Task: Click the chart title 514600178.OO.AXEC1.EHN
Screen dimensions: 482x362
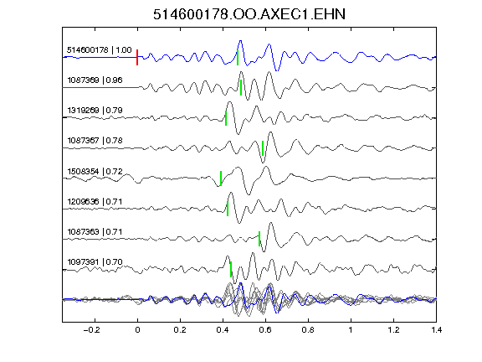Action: (x=249, y=14)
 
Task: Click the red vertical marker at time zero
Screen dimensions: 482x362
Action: (x=137, y=57)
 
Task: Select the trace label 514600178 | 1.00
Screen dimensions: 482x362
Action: (x=100, y=50)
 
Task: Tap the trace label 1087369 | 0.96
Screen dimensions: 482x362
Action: (x=95, y=80)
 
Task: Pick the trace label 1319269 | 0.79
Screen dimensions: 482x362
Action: (x=95, y=111)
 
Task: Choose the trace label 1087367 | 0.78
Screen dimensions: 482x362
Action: (x=95, y=141)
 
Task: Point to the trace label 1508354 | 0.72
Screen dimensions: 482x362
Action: (x=95, y=171)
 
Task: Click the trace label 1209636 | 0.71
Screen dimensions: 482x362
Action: (x=95, y=202)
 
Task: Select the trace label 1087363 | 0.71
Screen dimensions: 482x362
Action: (x=95, y=231)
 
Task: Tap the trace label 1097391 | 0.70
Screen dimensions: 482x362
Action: (x=95, y=262)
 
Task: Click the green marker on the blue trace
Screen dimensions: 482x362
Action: (x=238, y=57)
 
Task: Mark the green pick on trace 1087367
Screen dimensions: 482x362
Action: (x=263, y=148)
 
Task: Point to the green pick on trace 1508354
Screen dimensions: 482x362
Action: (x=221, y=178)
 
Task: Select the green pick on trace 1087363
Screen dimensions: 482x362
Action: (x=259, y=239)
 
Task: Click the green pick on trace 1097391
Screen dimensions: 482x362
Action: (x=231, y=269)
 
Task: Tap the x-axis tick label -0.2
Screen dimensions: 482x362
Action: (x=92, y=330)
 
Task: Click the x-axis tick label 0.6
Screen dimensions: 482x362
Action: (x=265, y=330)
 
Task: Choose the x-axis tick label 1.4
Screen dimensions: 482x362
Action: (x=436, y=330)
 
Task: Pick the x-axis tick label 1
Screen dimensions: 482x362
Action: (x=351, y=330)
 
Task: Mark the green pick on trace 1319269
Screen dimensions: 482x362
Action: (x=226, y=118)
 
